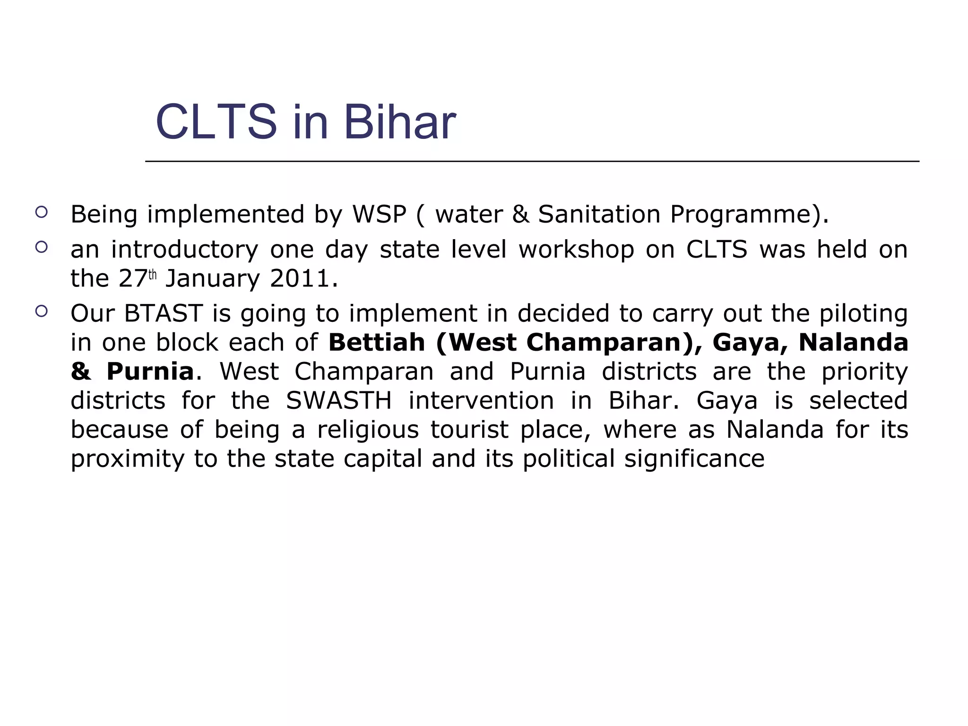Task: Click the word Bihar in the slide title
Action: click(x=399, y=122)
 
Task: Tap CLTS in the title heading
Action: click(x=216, y=122)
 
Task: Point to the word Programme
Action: click(x=743, y=215)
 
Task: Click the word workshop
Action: click(x=576, y=250)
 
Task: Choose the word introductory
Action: click(x=184, y=250)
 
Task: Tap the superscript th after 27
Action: click(x=152, y=275)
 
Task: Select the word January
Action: click(x=213, y=279)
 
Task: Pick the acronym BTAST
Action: click(x=163, y=313)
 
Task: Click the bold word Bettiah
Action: click(x=377, y=342)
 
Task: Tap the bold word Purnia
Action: click(x=150, y=372)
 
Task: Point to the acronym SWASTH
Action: click(x=339, y=401)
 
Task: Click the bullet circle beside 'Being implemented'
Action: click(x=42, y=212)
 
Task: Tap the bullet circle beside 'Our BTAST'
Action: click(x=42, y=311)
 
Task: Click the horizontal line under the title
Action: click(x=532, y=162)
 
